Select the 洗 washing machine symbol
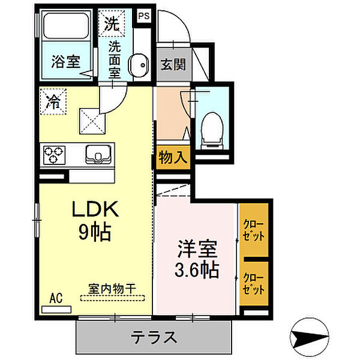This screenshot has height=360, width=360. (113, 24)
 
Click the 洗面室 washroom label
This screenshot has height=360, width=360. (115, 59)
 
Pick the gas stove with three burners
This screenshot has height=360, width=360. (54, 155)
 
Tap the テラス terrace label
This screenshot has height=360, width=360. (154, 337)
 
